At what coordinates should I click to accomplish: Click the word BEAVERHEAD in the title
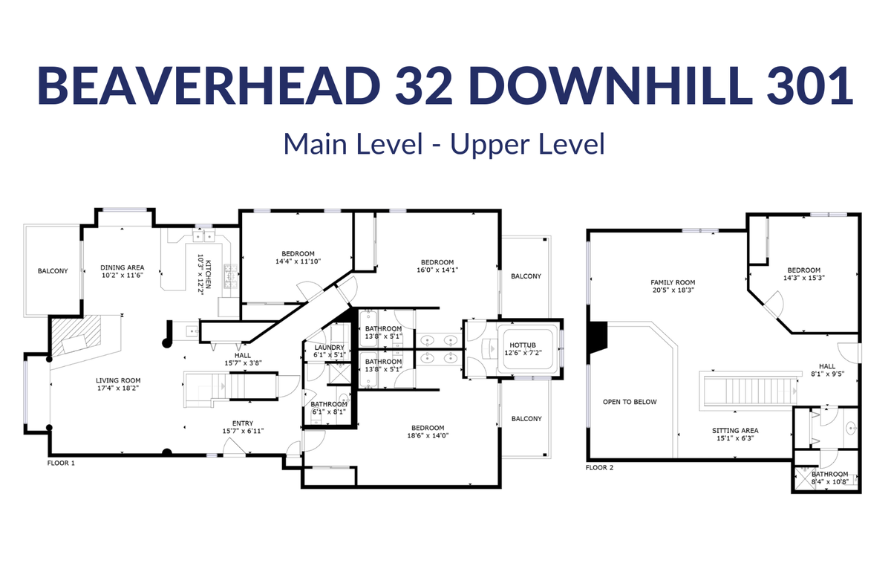coord(209,86)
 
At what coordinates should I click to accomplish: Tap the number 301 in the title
coord(810,86)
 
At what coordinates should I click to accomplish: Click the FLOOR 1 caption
coord(61,463)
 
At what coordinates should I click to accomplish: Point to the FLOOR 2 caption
coord(599,467)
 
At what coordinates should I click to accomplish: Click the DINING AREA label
coord(122,267)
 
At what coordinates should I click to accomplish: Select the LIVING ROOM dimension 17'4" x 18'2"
coord(118,388)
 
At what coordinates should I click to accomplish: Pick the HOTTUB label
coord(523,345)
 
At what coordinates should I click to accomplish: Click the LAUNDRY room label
coord(330,348)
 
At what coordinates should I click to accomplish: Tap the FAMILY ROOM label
coord(673,282)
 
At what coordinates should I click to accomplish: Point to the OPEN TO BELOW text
coord(630,402)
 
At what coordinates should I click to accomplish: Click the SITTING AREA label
coord(735,430)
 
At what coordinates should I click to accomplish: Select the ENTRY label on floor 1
coord(243,423)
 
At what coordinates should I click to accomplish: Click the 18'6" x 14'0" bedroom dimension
coord(428,435)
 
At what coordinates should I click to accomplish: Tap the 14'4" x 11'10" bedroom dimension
coord(298,261)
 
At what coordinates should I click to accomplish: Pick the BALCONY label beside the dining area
coord(53,271)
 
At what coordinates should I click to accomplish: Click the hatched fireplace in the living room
coord(76,336)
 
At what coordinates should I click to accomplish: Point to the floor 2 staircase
coord(750,391)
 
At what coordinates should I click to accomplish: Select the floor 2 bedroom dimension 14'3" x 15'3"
coord(804,278)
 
